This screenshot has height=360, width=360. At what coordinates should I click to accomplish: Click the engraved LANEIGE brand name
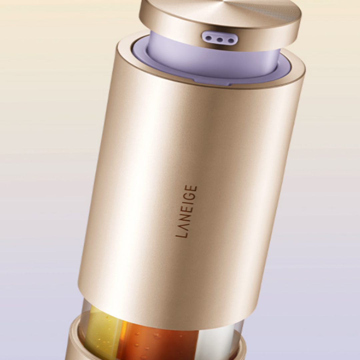click(186, 211)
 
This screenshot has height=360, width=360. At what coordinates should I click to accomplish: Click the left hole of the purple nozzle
click(209, 38)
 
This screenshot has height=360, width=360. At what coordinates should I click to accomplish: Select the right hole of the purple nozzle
click(231, 42)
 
